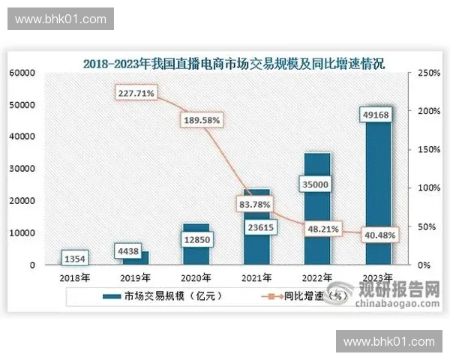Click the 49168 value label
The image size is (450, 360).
[377, 115]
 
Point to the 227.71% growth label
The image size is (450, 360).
[136, 93]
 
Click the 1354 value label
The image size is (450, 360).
[75, 259]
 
